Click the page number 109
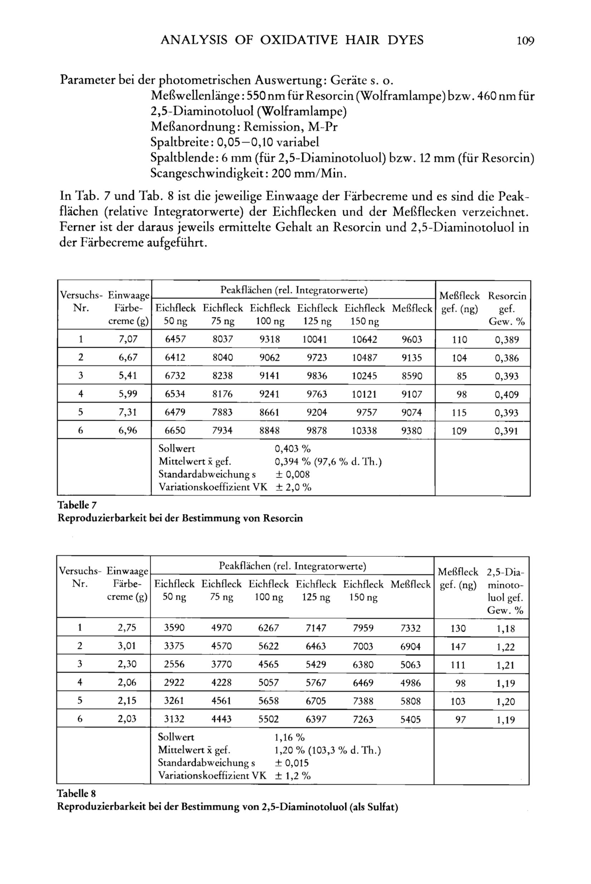pyautogui.click(x=525, y=40)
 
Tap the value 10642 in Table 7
pyautogui.click(x=364, y=340)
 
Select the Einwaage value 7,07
pyautogui.click(x=128, y=339)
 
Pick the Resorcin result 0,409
pyautogui.click(x=507, y=395)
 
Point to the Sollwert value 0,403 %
pyautogui.click(x=293, y=449)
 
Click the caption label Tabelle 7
pyautogui.click(x=77, y=505)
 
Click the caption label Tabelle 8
pyautogui.click(x=77, y=793)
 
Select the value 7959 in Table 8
pyautogui.click(x=363, y=628)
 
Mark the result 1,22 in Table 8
pyautogui.click(x=505, y=647)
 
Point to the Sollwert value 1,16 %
pyautogui.click(x=289, y=737)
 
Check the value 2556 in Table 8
pyautogui.click(x=174, y=664)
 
